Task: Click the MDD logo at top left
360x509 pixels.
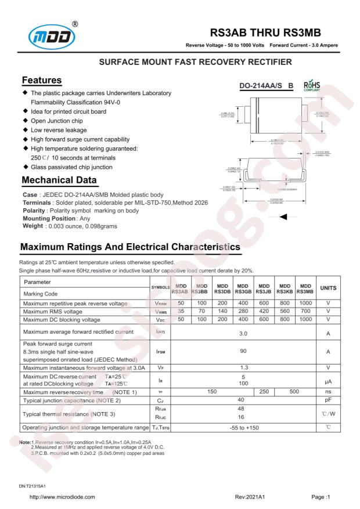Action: (x=48, y=35)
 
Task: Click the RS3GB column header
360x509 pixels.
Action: (x=243, y=288)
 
